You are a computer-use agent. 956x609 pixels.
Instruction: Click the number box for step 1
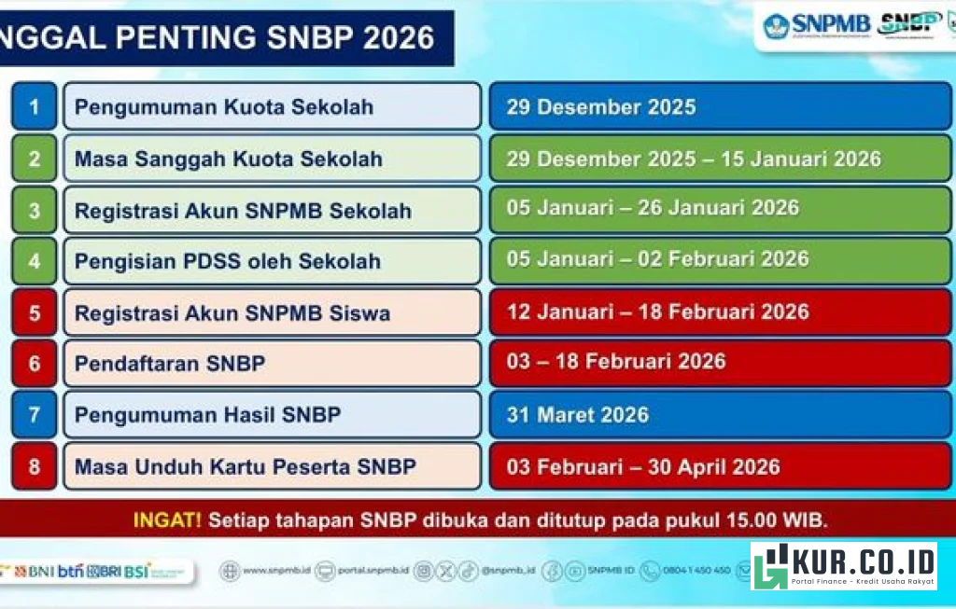click(x=35, y=106)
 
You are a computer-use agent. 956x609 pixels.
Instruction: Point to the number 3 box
click(x=35, y=211)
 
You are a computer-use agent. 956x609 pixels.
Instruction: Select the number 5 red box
click(x=35, y=312)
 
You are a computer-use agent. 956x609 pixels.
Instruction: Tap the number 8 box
click(x=35, y=466)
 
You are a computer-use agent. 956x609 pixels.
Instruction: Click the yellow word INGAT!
click(x=167, y=520)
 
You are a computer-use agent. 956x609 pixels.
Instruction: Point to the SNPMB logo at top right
click(x=817, y=25)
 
